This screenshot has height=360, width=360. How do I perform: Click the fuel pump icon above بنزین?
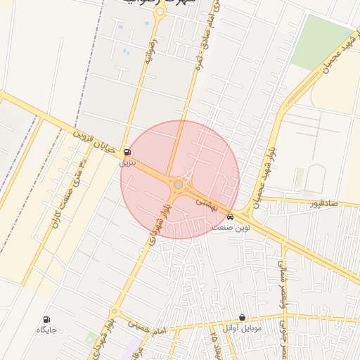click(x=127, y=152)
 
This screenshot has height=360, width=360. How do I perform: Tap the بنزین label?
click(x=126, y=162)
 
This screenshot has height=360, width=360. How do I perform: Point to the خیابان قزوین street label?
click(x=98, y=139)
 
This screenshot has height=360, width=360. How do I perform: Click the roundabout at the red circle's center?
click(x=179, y=184)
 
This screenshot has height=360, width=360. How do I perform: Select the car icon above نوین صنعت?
click(x=230, y=217)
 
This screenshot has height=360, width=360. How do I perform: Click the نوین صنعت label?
click(x=231, y=227)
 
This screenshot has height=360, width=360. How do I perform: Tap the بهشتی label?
click(x=208, y=204)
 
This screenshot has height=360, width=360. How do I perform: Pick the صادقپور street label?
click(x=324, y=204)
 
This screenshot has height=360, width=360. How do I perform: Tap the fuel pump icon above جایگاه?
click(x=47, y=319)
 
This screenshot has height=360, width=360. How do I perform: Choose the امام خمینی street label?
click(x=147, y=324)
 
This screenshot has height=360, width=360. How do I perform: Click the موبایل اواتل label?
click(x=242, y=328)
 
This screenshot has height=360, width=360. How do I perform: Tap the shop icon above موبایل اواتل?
click(x=243, y=318)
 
